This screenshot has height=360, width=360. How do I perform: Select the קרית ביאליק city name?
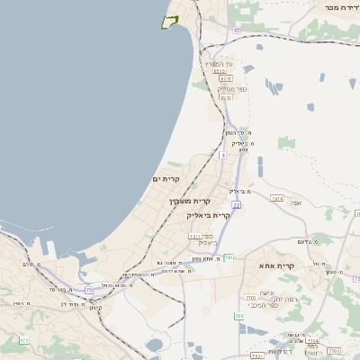pyautogui.click(x=209, y=215)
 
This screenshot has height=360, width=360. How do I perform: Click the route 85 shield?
pyautogui.click(x=238, y=31)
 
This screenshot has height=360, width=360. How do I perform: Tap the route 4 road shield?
pyautogui.click(x=222, y=155)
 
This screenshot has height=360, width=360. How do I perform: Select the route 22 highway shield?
pyautogui.click(x=236, y=205)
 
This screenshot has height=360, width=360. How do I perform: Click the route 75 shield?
pyautogui.click(x=89, y=290)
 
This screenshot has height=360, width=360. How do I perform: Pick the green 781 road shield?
pyautogui.click(x=229, y=258)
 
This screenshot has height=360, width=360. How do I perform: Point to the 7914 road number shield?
pyautogui.click(x=277, y=197)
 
